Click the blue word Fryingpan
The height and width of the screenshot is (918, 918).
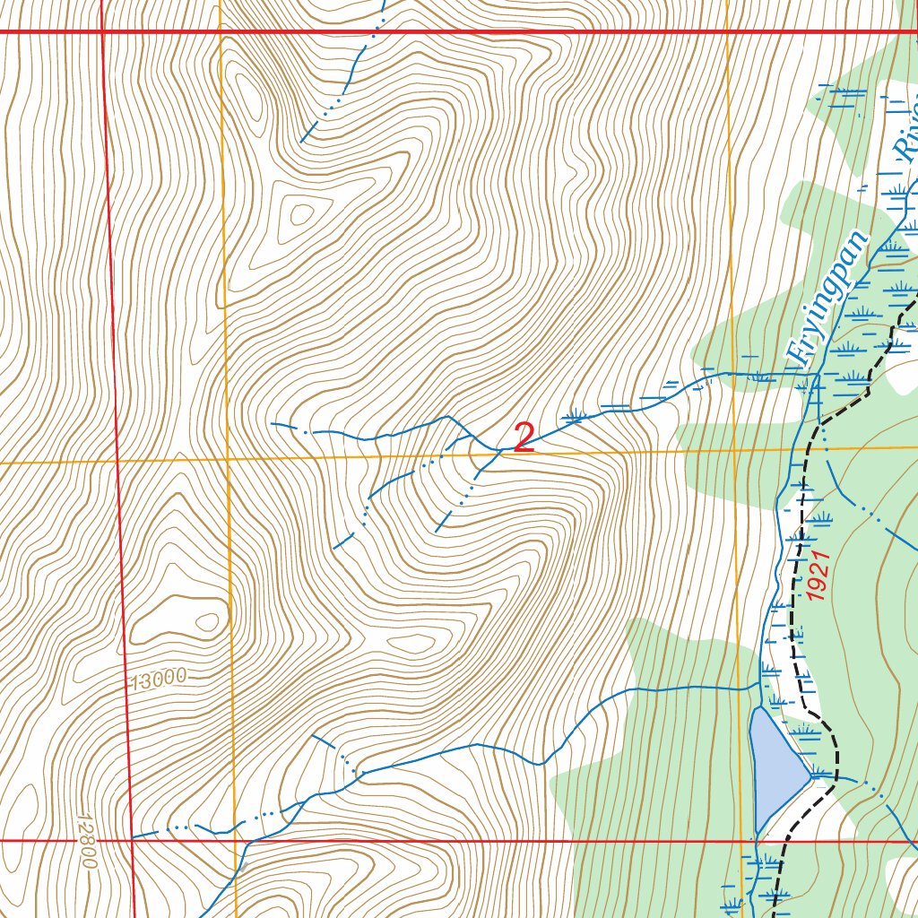click(827, 298)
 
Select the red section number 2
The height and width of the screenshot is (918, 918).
click(524, 437)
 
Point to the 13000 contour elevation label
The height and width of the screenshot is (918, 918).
click(156, 679)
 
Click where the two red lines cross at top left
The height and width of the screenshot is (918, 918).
click(102, 31)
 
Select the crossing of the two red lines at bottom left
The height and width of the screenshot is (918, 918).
click(133, 841)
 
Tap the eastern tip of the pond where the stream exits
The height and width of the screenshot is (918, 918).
click(812, 775)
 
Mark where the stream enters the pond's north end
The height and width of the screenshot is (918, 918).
click(758, 707)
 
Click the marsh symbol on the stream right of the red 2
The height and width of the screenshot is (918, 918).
click(575, 415)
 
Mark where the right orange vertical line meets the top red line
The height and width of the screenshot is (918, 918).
click(727, 31)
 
